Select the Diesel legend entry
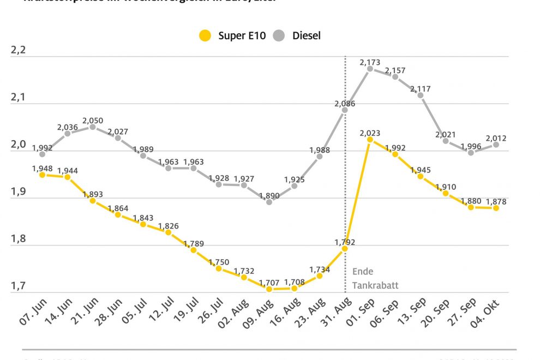[x=297, y=36]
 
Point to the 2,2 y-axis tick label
[x=19, y=51]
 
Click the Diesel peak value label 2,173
[x=370, y=63]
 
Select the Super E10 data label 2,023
[x=370, y=133]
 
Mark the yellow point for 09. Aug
[x=269, y=289]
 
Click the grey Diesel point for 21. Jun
[x=93, y=127]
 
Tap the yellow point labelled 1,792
[x=345, y=249]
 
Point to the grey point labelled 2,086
[x=345, y=110]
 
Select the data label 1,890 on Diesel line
[x=269, y=195]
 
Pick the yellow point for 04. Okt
[x=496, y=208]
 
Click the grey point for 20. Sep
[x=446, y=141]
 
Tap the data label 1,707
[x=269, y=283]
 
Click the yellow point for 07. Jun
[x=42, y=175]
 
